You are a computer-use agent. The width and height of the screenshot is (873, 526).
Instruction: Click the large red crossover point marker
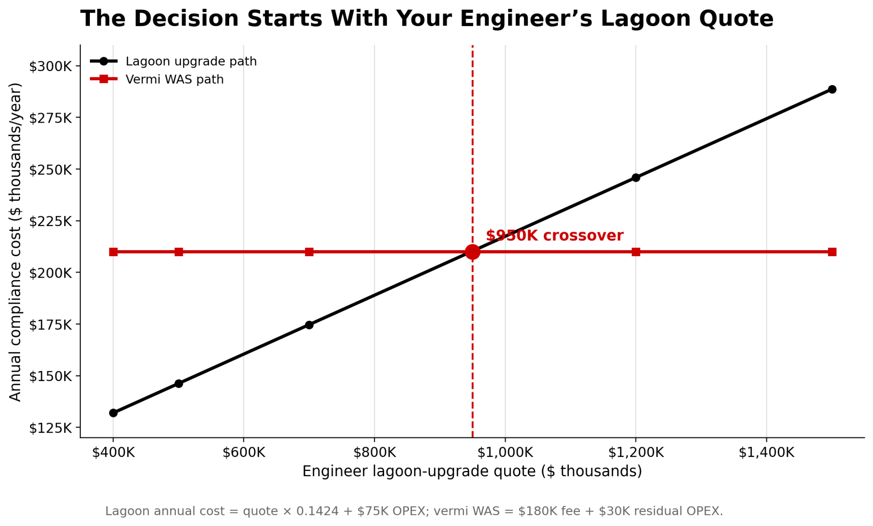(472, 252)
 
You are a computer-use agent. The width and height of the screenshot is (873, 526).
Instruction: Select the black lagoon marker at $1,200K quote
(636, 178)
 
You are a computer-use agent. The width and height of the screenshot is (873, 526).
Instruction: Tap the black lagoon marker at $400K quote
(113, 413)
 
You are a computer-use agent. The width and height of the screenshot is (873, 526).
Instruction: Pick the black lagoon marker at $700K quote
(309, 325)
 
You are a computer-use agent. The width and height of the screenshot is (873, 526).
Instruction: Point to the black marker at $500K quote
(179, 384)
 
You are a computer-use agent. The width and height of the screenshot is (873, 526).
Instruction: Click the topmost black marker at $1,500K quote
(832, 89)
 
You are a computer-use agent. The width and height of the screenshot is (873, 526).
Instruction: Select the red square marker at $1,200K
(636, 252)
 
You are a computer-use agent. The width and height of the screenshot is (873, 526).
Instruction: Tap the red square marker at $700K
(309, 252)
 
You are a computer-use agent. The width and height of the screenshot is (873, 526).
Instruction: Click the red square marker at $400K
(113, 252)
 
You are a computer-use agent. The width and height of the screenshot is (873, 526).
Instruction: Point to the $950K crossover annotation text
(554, 236)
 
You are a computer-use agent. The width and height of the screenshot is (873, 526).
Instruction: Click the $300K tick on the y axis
(50, 66)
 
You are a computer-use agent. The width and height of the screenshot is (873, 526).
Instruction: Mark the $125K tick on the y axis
(50, 428)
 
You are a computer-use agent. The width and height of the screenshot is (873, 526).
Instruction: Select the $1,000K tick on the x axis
(505, 453)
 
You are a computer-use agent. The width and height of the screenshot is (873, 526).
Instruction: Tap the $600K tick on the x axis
(244, 453)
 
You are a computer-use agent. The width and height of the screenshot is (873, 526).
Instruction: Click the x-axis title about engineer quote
(472, 471)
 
